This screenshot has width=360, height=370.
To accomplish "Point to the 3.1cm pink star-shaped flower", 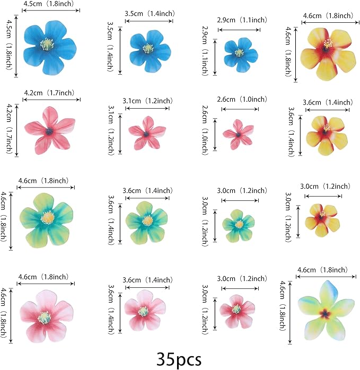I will point(146,133).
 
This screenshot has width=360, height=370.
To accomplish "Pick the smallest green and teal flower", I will point(239,224).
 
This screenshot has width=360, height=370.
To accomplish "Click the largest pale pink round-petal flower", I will point(46,315).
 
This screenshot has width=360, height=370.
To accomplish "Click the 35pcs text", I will point(179,359).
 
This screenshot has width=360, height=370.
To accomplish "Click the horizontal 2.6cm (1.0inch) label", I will point(242,99).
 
